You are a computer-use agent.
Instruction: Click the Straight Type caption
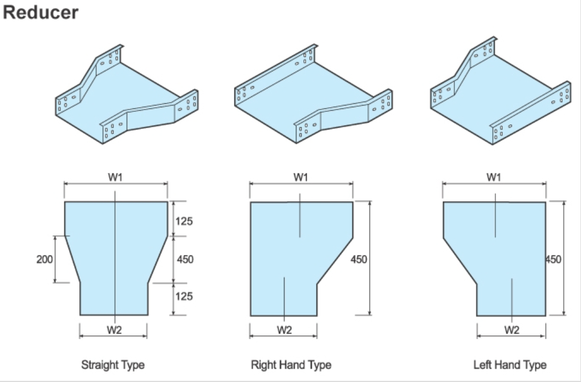113,364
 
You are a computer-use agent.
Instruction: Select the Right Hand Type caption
291,364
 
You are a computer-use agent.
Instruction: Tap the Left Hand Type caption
510,364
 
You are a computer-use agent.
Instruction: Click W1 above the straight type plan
116,177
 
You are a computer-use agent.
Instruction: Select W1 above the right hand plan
301,177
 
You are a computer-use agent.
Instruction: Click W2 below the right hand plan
285,330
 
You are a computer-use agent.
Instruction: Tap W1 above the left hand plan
494,177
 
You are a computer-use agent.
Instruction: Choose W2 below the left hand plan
512,330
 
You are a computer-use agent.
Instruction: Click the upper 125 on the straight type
184,221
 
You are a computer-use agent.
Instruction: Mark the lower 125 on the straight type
184,296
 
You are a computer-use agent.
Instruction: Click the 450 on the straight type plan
185,259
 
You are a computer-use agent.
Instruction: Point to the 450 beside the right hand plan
359,259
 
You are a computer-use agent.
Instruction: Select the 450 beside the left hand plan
553,259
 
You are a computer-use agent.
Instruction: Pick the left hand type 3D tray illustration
500,97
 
